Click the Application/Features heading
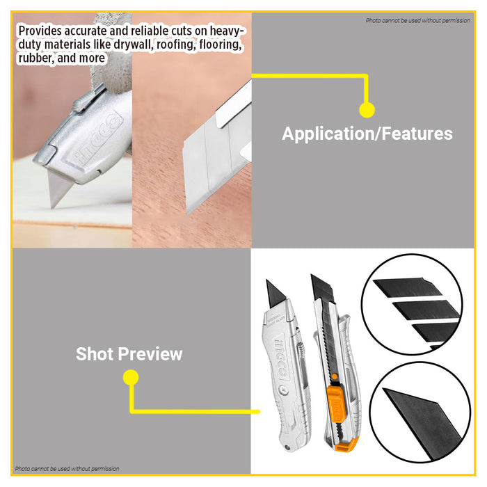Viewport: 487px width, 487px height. tap(367, 134)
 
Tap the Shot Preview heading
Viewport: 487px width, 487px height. tap(129, 353)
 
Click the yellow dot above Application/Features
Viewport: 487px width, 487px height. tap(367, 109)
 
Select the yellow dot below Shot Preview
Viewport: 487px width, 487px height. tap(130, 378)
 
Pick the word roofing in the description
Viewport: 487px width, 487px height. tap(185, 45)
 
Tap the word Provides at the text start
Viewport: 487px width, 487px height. tap(40, 31)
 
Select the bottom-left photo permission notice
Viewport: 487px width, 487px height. tap(67, 469)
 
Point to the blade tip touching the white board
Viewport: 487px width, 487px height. tap(56, 202)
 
